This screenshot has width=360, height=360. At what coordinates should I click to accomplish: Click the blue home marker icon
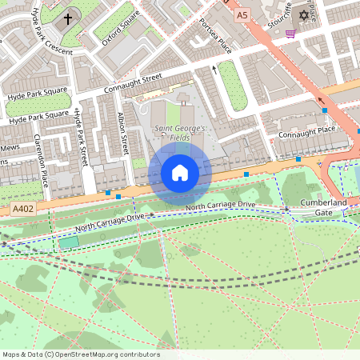click(x=180, y=173)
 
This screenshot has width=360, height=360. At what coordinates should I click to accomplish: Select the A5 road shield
click(x=242, y=14)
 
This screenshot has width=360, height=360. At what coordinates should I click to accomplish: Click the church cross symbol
click(x=68, y=18)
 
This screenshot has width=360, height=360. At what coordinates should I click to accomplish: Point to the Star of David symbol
click(x=302, y=15)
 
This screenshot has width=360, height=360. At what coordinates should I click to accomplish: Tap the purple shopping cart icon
click(x=290, y=34)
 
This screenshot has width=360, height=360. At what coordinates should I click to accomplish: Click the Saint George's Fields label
click(x=179, y=134)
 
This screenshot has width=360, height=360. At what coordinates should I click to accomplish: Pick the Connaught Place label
click(x=306, y=131)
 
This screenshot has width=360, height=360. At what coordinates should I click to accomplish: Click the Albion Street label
click(x=123, y=132)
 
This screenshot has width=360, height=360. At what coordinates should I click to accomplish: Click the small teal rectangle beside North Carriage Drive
click(x=70, y=242)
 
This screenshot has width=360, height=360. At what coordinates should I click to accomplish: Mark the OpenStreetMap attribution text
click(x=81, y=354)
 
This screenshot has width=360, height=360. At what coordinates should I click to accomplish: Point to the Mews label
click(x=10, y=147)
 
